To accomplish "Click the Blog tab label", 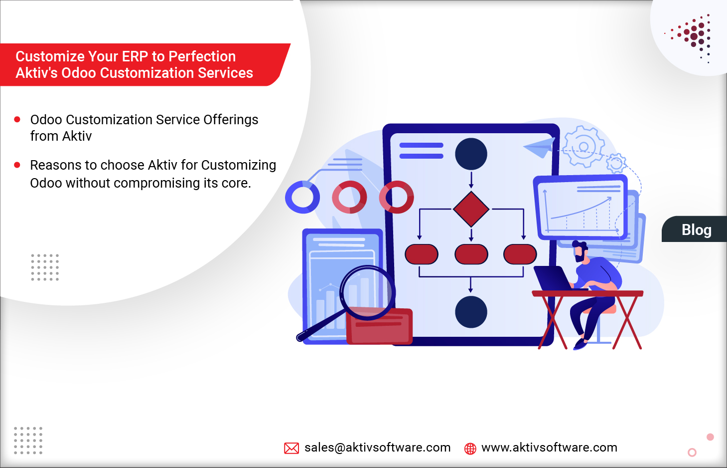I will (x=696, y=230).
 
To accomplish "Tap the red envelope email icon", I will (x=291, y=448).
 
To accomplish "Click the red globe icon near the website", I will (x=470, y=449).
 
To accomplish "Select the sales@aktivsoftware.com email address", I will (x=377, y=448).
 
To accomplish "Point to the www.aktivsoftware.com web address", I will (x=549, y=448).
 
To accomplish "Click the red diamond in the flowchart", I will (x=471, y=209).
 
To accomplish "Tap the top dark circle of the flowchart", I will (x=471, y=154).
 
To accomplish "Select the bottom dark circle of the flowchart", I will (x=471, y=312).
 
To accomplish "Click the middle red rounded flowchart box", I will (x=471, y=254).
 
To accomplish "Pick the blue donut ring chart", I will (x=302, y=197).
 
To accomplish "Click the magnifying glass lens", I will (x=368, y=292).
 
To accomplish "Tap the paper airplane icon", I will (x=540, y=147).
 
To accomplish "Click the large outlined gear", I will (x=583, y=147).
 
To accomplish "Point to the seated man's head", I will (x=580, y=251).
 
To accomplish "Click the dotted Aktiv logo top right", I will (x=693, y=36).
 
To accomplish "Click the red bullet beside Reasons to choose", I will (x=17, y=165).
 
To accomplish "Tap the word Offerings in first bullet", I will (x=231, y=120).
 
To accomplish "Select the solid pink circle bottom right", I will (x=710, y=437).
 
